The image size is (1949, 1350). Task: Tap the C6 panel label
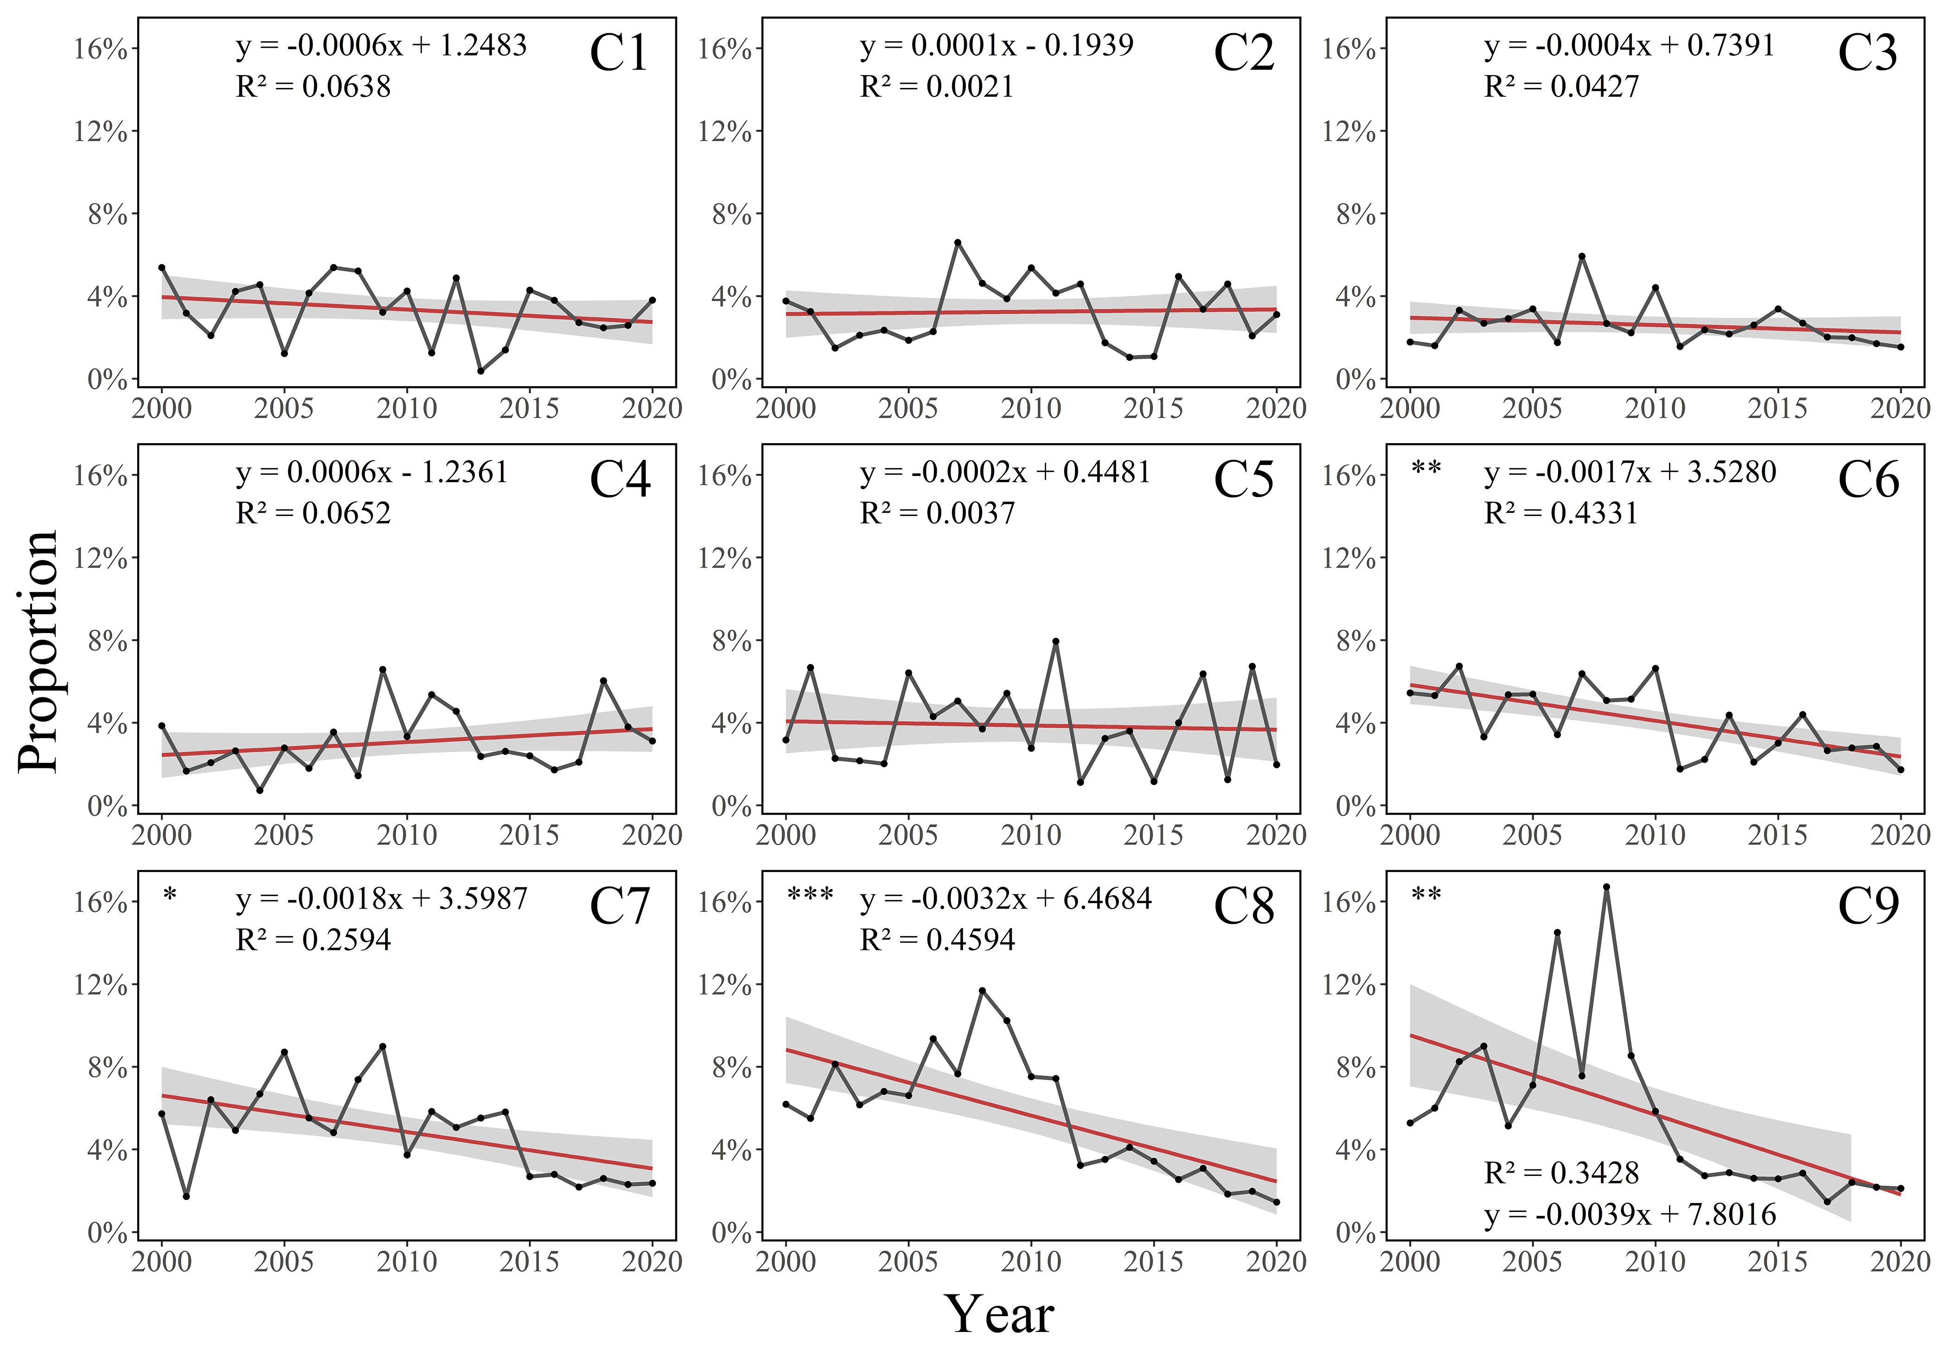tap(1868, 480)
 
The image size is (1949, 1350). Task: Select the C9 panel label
tap(1868, 907)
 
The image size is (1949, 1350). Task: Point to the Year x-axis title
tap(999, 1313)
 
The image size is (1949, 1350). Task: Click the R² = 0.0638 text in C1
tap(313, 86)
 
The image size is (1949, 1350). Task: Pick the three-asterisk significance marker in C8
tap(810, 895)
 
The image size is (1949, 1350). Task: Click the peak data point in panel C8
tap(982, 991)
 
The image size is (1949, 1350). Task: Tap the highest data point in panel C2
tap(957, 243)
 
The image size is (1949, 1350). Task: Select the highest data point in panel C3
tap(1582, 256)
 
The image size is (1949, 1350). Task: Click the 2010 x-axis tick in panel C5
tap(1031, 835)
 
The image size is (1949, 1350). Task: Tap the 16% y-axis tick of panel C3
tap(1349, 49)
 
